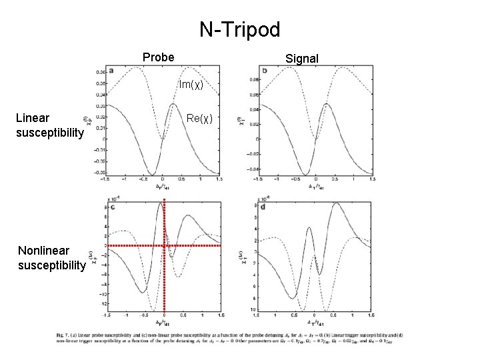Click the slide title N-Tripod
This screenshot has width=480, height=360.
point(240,29)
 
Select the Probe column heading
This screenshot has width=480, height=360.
point(159,57)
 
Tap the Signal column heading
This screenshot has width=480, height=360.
point(302,59)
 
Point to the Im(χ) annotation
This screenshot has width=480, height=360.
point(190,85)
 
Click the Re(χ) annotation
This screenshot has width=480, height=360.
point(199,119)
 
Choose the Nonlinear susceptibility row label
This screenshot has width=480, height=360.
point(52,258)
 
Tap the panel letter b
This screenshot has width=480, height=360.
point(265,70)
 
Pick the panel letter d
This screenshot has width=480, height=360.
point(265,207)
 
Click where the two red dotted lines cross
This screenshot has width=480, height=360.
point(164,246)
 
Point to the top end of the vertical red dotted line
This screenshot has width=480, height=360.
point(164,200)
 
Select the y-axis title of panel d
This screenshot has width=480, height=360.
point(241,257)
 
